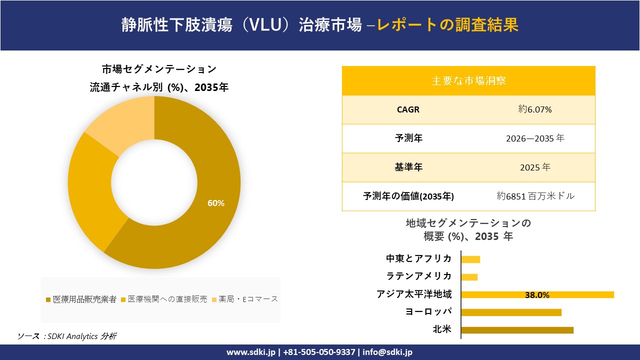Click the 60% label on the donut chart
pos(216,203)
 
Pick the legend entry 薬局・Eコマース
pos(245,299)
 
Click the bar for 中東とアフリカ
pos(470,259)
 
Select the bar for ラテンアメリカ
pos(469,277)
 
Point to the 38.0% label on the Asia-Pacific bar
pos(537,295)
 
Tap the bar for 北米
pos(517,330)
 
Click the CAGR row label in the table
pos(408,109)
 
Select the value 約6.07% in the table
pos(535,109)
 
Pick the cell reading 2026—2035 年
pos(535,138)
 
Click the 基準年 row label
pos(408,167)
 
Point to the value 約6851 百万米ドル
pos(535,196)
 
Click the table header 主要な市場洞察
pos(468,80)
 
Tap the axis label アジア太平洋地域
pos(414,294)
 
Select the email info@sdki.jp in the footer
pos(387,352)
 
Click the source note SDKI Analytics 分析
pos(80,336)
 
